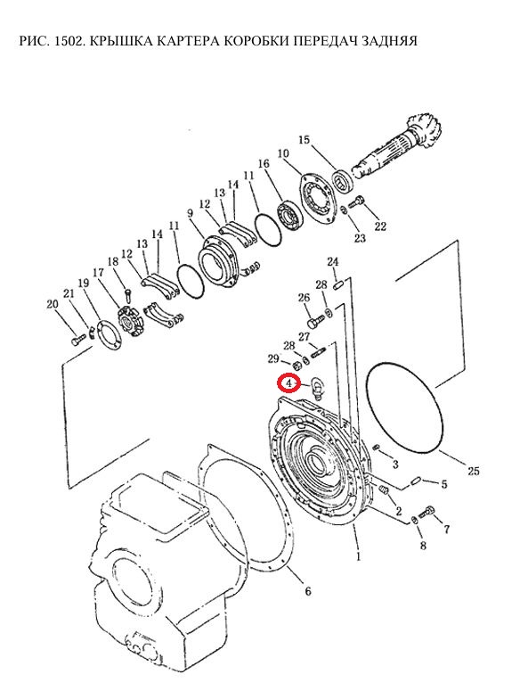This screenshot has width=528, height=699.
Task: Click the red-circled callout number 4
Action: (288, 383)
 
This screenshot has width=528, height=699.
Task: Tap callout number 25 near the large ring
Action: (474, 471)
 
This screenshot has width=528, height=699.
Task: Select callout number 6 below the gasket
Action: (308, 591)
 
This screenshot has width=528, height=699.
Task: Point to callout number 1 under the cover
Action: (359, 556)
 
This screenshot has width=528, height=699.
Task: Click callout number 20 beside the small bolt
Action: (53, 304)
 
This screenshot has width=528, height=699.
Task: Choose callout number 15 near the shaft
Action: (304, 139)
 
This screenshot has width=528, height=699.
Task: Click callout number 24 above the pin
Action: (333, 262)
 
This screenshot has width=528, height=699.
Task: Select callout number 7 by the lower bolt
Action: (447, 530)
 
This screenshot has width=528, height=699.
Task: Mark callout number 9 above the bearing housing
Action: (191, 213)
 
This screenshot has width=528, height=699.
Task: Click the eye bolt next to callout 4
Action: (317, 386)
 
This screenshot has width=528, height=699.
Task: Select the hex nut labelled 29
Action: (297, 366)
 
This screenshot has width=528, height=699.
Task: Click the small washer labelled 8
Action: (413, 521)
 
